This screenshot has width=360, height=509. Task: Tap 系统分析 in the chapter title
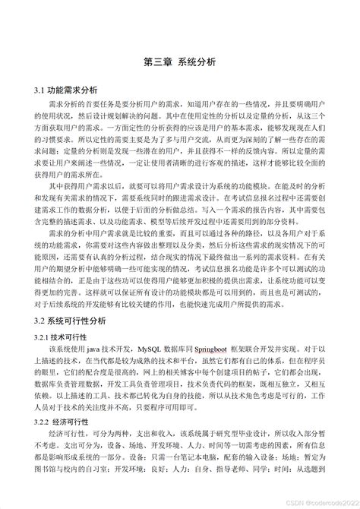pos(197,62)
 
